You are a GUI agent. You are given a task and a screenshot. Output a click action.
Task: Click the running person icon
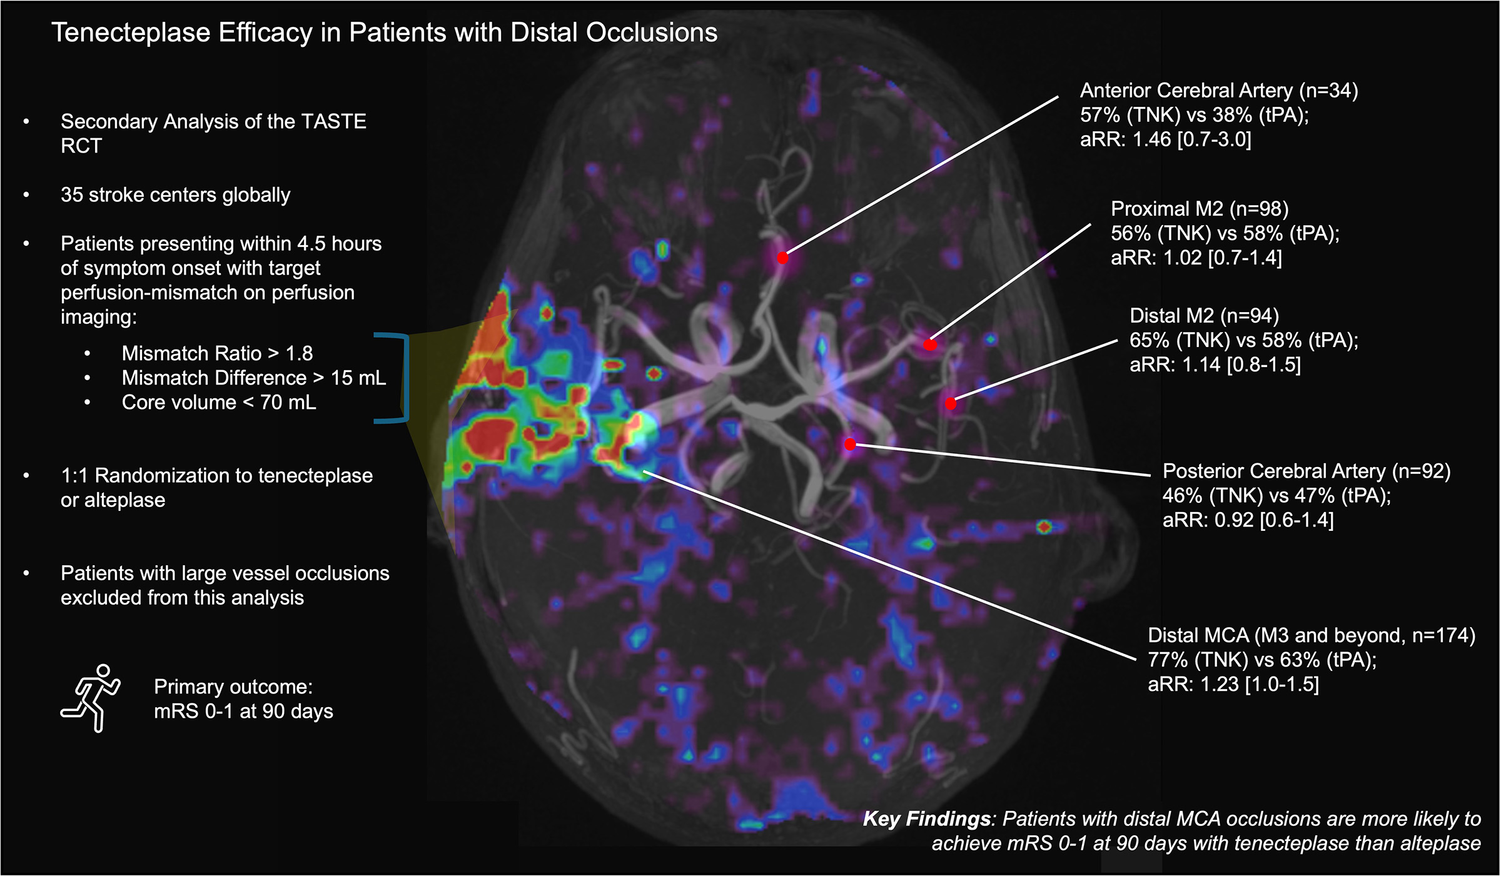point(91,698)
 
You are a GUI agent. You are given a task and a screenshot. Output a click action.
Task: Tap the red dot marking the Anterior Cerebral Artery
point(782,258)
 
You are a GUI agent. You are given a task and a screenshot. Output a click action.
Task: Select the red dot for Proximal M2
point(931,345)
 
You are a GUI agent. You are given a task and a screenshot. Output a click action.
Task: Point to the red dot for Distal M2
point(951,404)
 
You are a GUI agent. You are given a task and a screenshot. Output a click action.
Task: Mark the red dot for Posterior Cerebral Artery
point(850,445)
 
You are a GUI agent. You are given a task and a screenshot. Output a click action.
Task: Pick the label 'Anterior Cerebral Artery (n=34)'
point(1219,91)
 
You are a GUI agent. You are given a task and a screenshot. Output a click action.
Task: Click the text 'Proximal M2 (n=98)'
point(1200,209)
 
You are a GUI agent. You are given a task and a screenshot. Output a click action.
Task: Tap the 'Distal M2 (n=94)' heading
point(1204,316)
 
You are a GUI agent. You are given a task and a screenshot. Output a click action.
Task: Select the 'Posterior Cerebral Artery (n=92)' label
point(1306,471)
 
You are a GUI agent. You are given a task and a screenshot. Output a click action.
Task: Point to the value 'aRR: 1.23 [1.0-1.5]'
point(1233,684)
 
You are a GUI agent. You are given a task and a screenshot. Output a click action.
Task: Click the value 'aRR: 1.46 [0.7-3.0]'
point(1166,139)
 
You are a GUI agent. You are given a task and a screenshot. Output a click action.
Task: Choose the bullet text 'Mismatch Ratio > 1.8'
point(217,353)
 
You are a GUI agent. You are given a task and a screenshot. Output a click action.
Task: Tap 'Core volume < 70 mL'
point(219,402)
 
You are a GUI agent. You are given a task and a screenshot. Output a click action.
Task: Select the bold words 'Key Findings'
point(927,819)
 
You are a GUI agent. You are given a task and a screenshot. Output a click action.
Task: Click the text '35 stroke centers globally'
point(176,195)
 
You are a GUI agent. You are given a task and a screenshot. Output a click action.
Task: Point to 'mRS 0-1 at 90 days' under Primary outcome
point(243,712)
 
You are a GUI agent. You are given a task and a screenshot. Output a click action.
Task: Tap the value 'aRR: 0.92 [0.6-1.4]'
point(1248,520)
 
